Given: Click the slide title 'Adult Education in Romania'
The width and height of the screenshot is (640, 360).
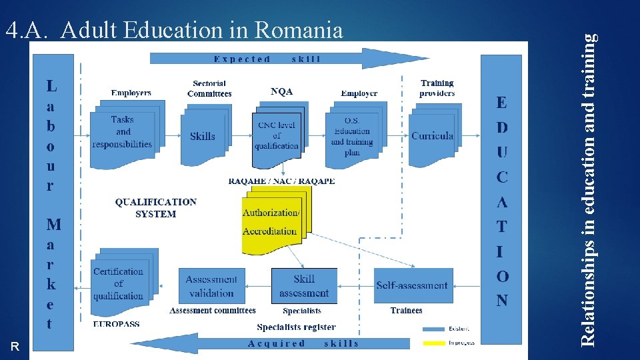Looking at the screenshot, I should tap(201, 31).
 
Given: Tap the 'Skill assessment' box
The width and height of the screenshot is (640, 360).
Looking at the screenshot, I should tap(304, 286).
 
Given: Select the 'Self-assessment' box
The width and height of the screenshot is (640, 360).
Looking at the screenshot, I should tap(413, 285).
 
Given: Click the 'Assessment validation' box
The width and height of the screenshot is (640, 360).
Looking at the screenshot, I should tap(211, 286).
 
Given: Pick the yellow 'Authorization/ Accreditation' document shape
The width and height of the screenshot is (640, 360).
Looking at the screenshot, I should tap(272, 221).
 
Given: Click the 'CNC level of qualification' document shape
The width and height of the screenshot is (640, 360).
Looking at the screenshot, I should tap(277, 136).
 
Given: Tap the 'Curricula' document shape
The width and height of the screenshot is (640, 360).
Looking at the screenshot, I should tap(432, 136).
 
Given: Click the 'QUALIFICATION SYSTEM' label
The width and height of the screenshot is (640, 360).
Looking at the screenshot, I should tap(156, 208).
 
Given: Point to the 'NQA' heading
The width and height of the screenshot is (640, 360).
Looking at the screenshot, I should tap(281, 91).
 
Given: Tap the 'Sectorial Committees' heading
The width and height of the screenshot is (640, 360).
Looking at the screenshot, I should tap(209, 89).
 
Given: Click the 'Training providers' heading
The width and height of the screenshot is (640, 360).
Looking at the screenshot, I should tap(437, 88).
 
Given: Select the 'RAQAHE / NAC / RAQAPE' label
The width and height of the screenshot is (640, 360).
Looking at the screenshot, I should tap(281, 181).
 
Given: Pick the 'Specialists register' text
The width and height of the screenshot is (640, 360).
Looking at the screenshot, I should tap(296, 327).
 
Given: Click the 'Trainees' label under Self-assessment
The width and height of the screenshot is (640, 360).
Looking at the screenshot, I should tap(406, 311).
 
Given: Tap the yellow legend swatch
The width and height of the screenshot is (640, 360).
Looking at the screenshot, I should tap(435, 343).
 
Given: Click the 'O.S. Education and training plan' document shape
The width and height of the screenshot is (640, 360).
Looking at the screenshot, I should tap(352, 138).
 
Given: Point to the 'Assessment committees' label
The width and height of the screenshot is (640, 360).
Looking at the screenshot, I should tap(213, 311).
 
